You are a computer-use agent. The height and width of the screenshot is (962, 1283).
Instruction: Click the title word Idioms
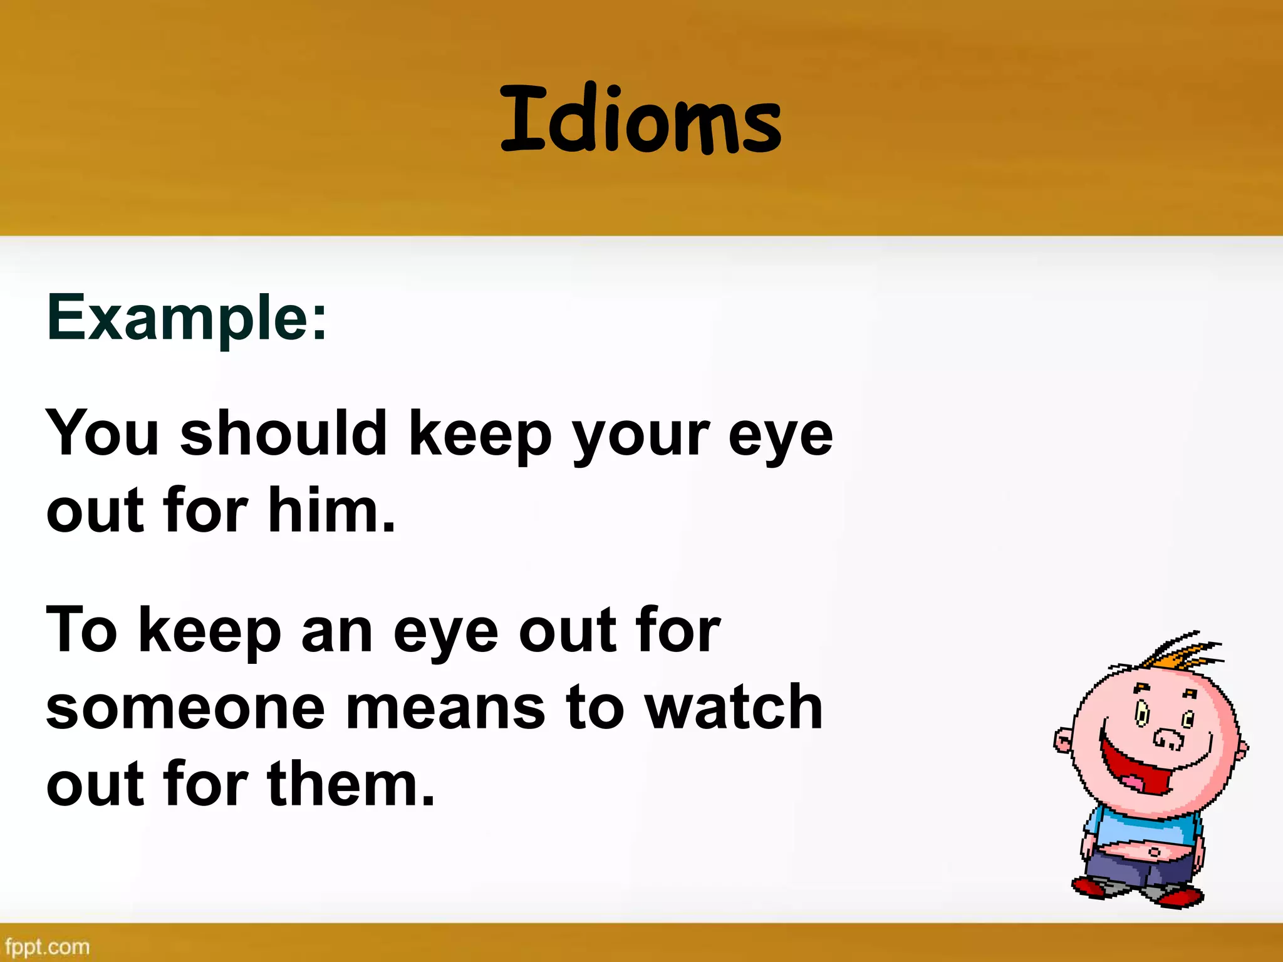pyautogui.click(x=640, y=120)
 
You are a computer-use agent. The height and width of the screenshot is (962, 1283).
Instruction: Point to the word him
pyautogui.click(x=332, y=510)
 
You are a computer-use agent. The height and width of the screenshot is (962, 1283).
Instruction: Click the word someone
pyautogui.click(x=185, y=708)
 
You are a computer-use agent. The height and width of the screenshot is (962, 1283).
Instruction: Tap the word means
pyautogui.click(x=445, y=708)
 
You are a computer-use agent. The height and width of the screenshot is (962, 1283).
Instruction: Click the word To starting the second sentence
pyautogui.click(x=81, y=630)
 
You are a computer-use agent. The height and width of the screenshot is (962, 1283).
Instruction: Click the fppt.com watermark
pyautogui.click(x=47, y=946)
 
